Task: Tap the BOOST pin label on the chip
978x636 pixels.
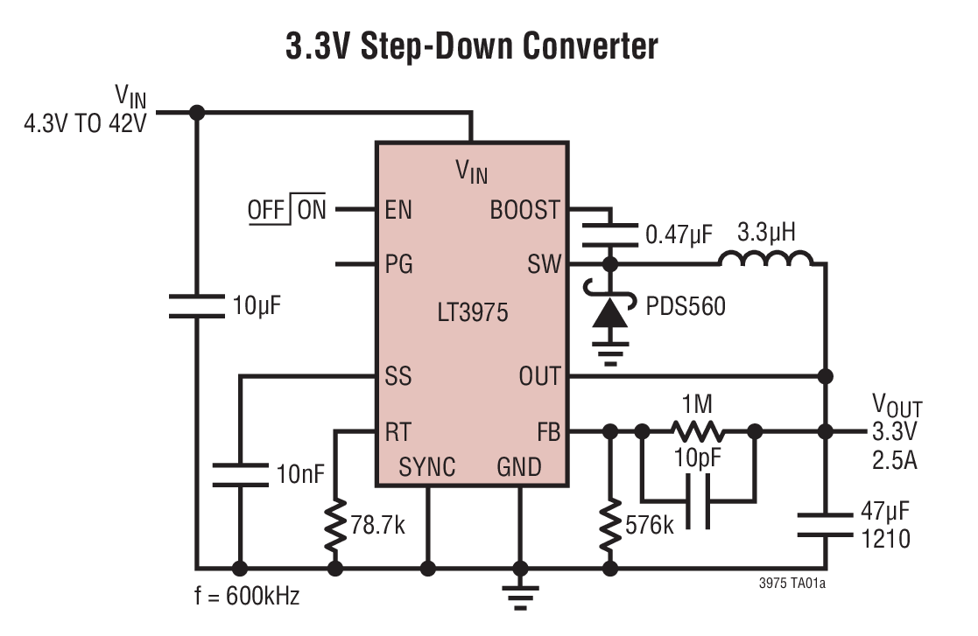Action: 524,210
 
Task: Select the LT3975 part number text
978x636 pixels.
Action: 473,312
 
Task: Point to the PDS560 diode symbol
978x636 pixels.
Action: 610,313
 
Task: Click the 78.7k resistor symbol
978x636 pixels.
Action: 334,525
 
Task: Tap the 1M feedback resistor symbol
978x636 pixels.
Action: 698,430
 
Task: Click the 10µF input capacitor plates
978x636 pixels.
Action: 197,305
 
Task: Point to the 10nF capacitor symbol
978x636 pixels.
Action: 239,473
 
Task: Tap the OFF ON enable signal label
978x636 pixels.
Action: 286,210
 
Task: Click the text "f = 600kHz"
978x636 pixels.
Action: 246,598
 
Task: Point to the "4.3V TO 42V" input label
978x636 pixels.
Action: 85,122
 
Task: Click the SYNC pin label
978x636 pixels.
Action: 427,466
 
